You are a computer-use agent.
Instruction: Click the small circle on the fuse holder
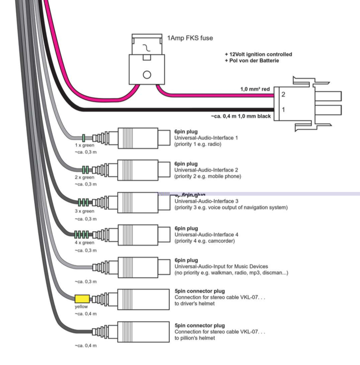[147, 74]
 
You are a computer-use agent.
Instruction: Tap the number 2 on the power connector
[283, 95]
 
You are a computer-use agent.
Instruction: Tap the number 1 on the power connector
[283, 110]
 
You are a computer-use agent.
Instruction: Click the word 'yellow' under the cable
[81, 306]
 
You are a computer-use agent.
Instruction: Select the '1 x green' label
[84, 145]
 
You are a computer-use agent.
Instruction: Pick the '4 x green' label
[84, 242]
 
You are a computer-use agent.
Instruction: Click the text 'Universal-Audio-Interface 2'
[206, 170]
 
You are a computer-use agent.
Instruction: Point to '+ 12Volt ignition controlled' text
[258, 54]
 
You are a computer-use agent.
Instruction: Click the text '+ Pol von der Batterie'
[252, 61]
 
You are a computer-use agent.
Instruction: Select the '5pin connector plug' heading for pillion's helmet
[199, 325]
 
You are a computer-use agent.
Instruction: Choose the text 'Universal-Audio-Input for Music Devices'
[221, 266]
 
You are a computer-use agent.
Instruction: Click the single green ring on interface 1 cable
[83, 137]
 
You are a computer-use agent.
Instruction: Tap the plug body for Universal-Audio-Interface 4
[134, 233]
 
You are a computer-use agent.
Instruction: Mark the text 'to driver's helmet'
[194, 303]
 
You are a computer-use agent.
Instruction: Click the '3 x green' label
[84, 211]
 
